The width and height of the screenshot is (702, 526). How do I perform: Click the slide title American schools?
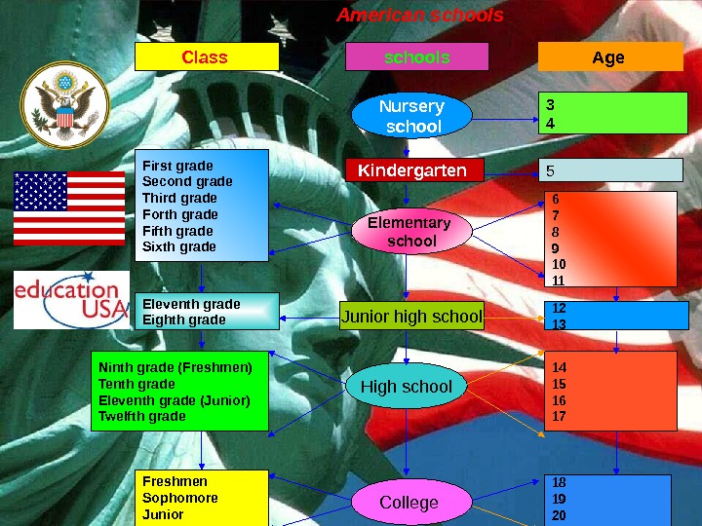coord(420,16)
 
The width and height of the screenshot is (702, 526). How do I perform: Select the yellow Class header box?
coord(206,57)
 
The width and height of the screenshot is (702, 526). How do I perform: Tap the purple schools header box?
coord(416,57)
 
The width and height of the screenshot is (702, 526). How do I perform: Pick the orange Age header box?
coord(609,57)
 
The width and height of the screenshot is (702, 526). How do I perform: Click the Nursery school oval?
coord(410,116)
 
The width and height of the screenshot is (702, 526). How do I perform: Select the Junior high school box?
coord(411,317)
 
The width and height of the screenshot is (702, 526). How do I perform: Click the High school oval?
coord(407,387)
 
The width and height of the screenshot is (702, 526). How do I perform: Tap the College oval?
coord(409,503)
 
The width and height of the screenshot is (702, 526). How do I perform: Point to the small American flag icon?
coord(68,207)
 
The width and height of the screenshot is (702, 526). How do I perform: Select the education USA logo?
coord(71,297)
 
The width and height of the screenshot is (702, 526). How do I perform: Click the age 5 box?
coord(611,171)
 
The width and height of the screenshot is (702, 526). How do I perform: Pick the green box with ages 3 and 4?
coord(614,113)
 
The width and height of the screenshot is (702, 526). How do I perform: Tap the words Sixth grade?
coord(178,247)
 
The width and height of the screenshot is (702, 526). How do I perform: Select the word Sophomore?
coord(179,498)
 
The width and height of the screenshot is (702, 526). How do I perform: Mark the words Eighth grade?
coord(183,319)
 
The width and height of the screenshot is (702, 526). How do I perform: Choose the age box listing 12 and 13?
coord(614,316)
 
